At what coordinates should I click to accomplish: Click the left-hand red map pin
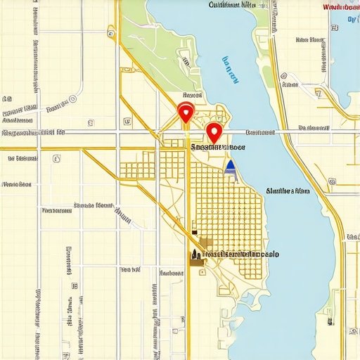pos(186,112)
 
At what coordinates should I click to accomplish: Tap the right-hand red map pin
pos(214,131)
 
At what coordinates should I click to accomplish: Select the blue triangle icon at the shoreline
pos(230,166)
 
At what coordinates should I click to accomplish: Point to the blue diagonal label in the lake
pos(229,68)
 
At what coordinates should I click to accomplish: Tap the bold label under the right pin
pos(218,148)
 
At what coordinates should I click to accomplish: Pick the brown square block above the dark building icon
pos(207,243)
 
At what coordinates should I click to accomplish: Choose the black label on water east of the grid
pos(288,190)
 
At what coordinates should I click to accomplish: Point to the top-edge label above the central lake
pos(232,5)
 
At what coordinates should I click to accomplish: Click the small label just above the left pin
pos(191,94)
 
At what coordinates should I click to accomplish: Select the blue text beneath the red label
pos(352,19)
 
